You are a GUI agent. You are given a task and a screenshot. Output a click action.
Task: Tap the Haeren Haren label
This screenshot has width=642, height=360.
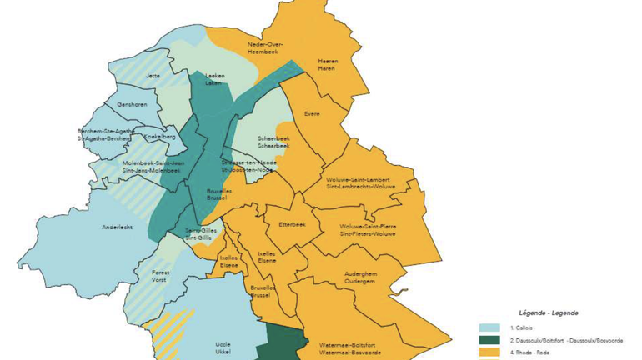(x=328, y=65)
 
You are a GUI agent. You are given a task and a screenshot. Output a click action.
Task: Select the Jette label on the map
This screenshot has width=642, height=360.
(x=152, y=76)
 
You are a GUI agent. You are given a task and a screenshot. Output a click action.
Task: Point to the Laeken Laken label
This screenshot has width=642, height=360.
(x=214, y=80)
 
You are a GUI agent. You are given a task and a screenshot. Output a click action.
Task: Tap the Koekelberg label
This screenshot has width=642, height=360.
(x=159, y=136)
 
